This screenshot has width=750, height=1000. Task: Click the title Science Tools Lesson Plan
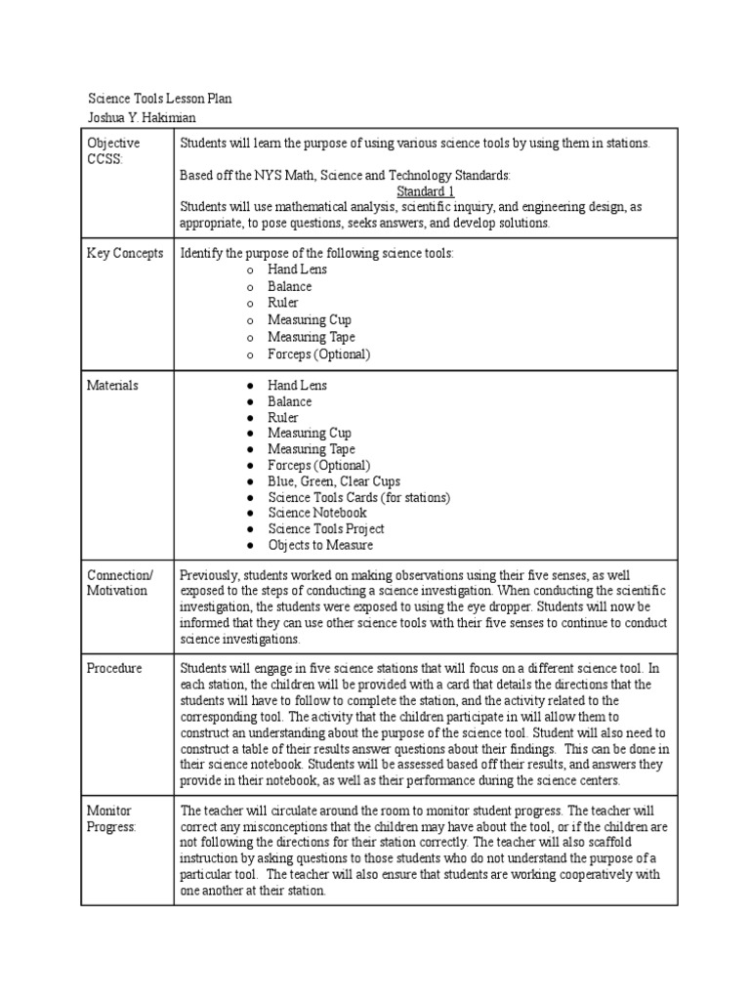click(x=160, y=100)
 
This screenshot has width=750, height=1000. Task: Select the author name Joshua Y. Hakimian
click(x=142, y=117)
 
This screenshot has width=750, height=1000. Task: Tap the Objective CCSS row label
click(x=113, y=151)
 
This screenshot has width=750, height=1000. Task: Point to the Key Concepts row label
click(x=125, y=253)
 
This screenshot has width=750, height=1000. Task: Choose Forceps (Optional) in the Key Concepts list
click(x=319, y=354)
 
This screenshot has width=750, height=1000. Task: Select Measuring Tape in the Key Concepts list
click(x=312, y=337)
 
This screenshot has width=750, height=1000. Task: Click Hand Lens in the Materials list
click(x=297, y=386)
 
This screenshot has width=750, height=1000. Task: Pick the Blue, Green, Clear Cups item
click(x=334, y=481)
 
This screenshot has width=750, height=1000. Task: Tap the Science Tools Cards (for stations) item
click(x=358, y=497)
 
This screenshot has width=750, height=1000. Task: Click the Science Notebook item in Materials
click(x=317, y=513)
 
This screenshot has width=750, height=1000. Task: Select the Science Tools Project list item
click(x=325, y=528)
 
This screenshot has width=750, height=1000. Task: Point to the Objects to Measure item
click(x=320, y=545)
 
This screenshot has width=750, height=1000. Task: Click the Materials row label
click(x=112, y=386)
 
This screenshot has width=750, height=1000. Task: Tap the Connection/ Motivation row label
click(x=119, y=583)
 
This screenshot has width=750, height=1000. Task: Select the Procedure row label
click(x=114, y=669)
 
